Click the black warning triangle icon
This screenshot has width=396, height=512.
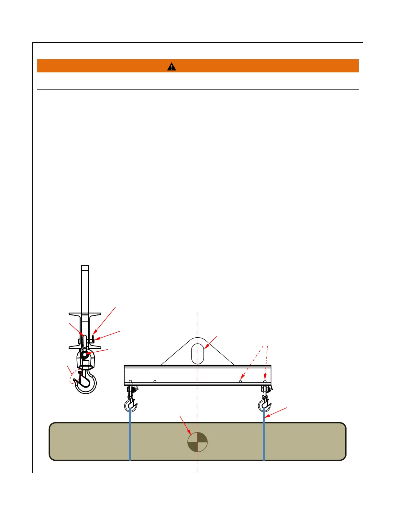tap(171, 67)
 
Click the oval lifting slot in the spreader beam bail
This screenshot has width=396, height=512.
tap(197, 354)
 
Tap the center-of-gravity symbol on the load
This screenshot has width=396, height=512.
tap(197, 442)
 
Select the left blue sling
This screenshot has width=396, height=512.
tap(130, 435)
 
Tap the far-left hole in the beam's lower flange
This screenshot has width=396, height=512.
tap(130, 381)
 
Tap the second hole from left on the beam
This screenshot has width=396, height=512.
tap(155, 381)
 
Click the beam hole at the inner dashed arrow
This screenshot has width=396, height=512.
tap(240, 381)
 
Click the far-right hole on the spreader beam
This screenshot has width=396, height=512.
tap(265, 381)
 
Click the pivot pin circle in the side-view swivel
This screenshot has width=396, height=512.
tap(84, 355)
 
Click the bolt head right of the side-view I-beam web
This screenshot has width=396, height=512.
tap(93, 338)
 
